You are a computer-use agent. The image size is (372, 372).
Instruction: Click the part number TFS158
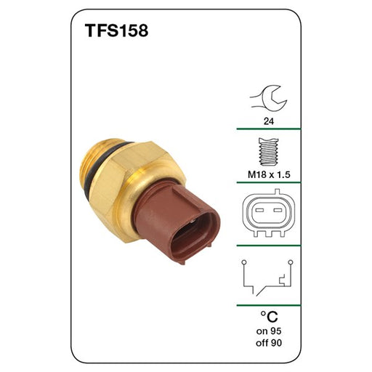[116, 32]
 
